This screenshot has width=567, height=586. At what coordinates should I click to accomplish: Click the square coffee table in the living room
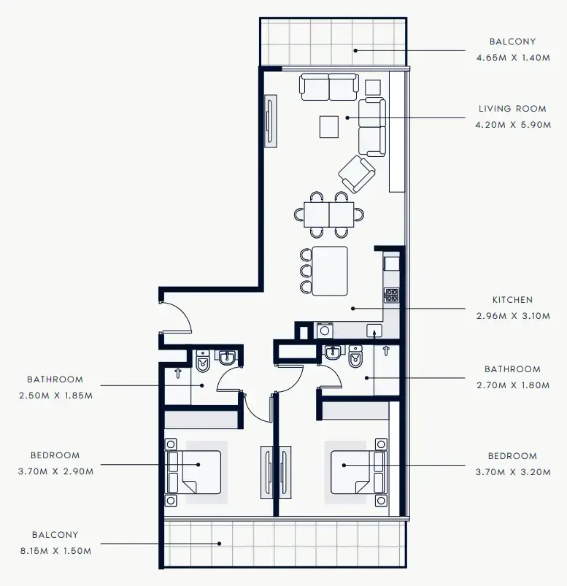[329, 127]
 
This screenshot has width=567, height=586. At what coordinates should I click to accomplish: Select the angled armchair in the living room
[357, 174]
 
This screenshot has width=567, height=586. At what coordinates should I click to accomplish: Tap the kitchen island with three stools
[329, 271]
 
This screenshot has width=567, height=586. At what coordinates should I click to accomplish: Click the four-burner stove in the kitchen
[392, 295]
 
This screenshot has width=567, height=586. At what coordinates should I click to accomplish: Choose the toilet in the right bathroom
[356, 358]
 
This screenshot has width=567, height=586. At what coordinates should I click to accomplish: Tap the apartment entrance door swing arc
[178, 317]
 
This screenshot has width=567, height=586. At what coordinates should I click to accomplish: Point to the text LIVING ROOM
[512, 109]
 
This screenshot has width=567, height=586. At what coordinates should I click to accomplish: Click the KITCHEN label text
[512, 300]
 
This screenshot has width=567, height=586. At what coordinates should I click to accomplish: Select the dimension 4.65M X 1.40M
[512, 57]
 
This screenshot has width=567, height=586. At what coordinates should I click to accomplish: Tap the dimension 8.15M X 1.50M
[55, 551]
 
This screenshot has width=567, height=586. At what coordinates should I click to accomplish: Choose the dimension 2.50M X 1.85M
[55, 395]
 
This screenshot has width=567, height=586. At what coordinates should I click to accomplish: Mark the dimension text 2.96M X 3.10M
[512, 316]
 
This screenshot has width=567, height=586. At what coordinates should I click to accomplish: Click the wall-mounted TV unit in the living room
[270, 121]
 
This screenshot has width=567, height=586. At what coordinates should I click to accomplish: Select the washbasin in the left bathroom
[228, 358]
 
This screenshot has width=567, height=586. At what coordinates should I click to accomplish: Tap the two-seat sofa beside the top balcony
[329, 88]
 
